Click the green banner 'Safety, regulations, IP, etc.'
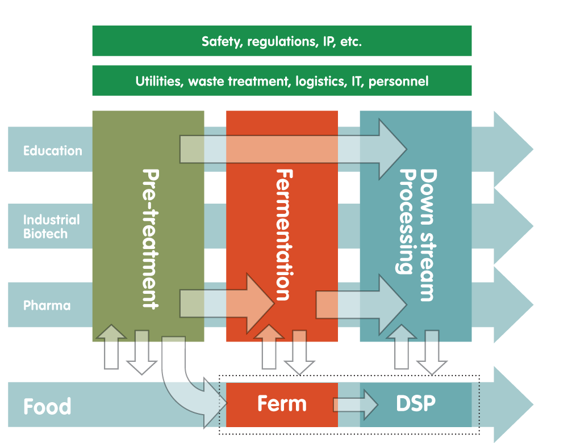click(x=282, y=41)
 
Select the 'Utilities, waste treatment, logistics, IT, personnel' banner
click(x=282, y=81)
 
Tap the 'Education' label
click(x=53, y=151)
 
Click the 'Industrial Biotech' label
click(x=51, y=227)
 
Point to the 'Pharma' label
click(x=47, y=306)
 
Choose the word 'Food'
click(x=47, y=407)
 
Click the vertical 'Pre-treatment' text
click(x=149, y=238)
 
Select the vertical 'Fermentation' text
click(x=283, y=234)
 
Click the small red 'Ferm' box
click(x=282, y=404)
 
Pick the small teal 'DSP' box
click(x=416, y=404)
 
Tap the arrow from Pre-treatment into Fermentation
click(x=227, y=303)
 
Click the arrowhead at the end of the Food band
click(x=511, y=404)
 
